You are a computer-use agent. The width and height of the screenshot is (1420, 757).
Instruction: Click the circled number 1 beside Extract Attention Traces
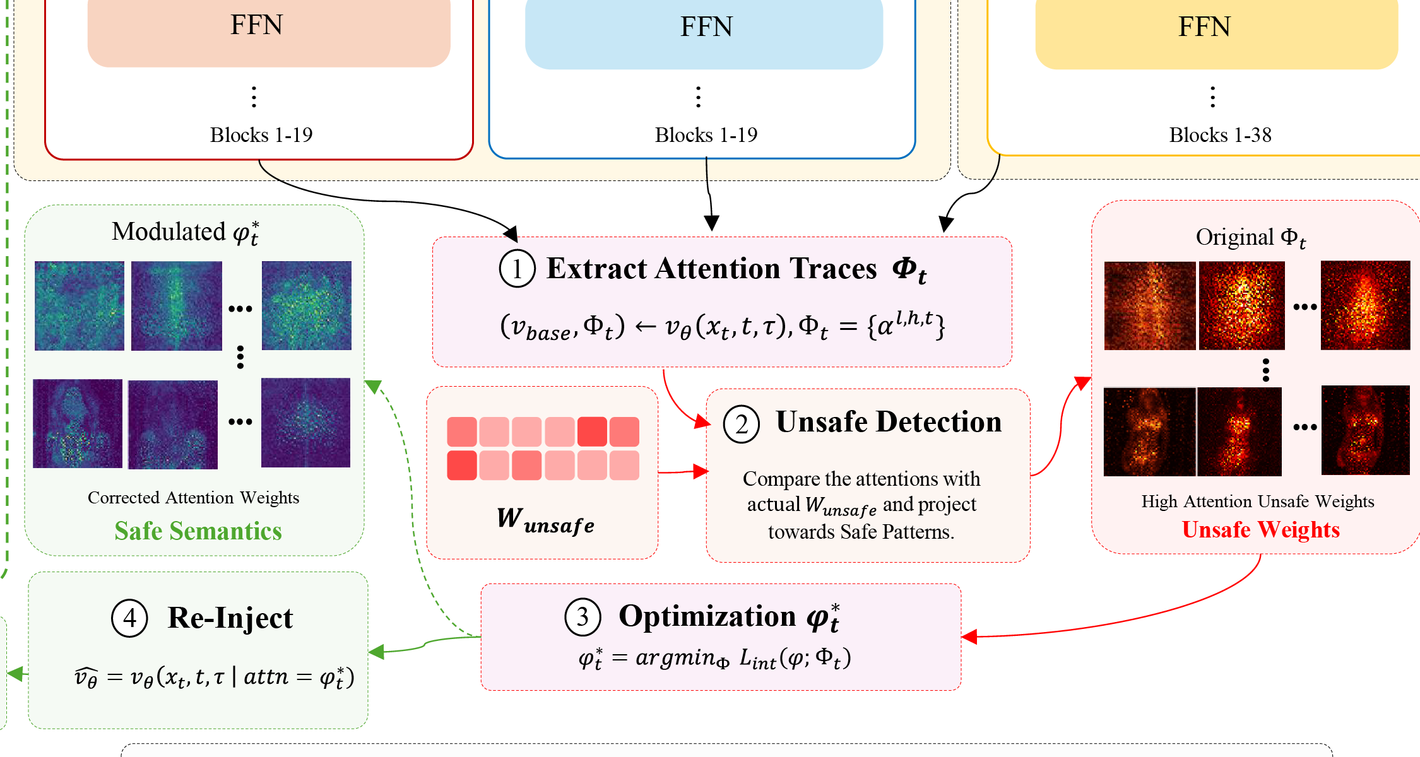click(x=517, y=269)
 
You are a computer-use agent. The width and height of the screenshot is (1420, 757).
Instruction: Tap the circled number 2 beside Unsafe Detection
click(x=741, y=424)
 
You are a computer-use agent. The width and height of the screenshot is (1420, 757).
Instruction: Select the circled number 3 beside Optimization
click(x=583, y=616)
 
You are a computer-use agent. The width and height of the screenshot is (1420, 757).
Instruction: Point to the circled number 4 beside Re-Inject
click(x=129, y=618)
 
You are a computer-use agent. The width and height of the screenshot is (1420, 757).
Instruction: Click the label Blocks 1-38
click(x=1220, y=135)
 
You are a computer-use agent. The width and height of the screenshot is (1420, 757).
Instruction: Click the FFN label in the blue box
click(x=706, y=26)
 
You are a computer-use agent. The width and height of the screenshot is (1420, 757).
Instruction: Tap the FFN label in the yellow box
click(x=1204, y=26)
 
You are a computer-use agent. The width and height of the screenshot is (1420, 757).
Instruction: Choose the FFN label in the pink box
click(x=256, y=25)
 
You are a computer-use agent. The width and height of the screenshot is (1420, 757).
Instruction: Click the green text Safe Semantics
click(x=198, y=531)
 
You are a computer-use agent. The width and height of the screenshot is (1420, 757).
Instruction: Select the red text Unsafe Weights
click(x=1260, y=530)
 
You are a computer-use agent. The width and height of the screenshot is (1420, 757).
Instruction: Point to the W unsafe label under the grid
click(x=545, y=520)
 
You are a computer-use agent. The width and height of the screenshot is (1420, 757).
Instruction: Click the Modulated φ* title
click(x=186, y=232)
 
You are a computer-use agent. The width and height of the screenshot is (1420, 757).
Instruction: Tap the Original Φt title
click(x=1251, y=238)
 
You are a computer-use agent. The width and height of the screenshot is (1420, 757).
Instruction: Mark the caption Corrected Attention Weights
click(x=193, y=498)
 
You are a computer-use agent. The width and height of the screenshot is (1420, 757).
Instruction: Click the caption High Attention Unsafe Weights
click(x=1257, y=502)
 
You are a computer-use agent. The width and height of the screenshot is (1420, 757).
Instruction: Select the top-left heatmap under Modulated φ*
click(x=80, y=306)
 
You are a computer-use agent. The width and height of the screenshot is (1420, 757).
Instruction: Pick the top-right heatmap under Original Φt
click(x=1365, y=305)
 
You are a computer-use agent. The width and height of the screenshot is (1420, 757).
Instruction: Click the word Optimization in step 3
click(x=707, y=616)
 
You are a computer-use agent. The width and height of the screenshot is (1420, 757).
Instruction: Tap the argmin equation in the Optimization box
click(x=714, y=659)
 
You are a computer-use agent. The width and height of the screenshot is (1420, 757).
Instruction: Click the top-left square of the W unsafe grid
click(x=462, y=431)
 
